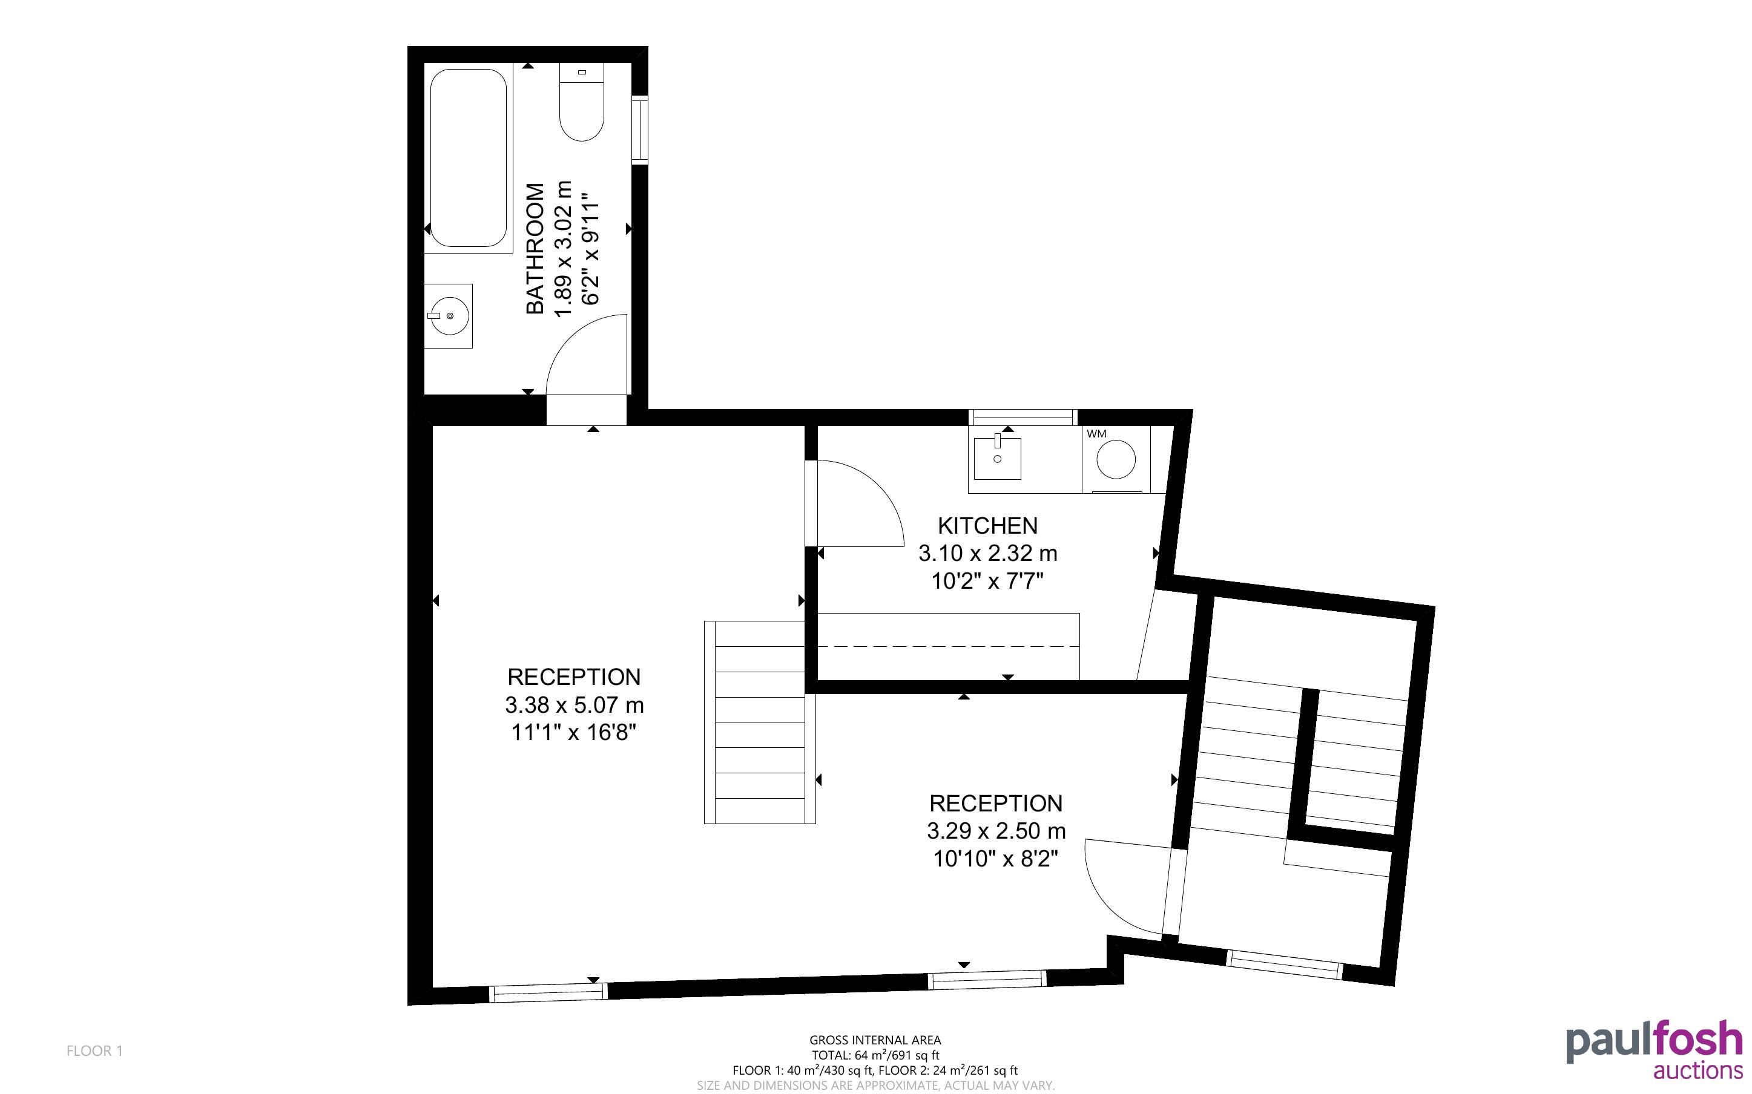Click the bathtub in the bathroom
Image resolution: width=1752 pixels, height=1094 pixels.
coord(468,158)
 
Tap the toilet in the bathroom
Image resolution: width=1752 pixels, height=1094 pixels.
coord(581,102)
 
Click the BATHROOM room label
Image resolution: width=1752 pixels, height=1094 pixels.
coord(535,248)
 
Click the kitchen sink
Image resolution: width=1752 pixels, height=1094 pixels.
coord(997,457)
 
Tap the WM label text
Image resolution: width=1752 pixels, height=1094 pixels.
coord(1096,434)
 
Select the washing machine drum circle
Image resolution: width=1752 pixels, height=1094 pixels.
coord(1116,459)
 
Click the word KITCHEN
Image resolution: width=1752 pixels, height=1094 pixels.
coord(987,525)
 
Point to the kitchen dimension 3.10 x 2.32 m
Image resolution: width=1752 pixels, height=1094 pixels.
coord(988,554)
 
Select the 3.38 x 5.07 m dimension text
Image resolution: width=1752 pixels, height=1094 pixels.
coord(575,705)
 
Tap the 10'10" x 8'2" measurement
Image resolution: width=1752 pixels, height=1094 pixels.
coord(996,859)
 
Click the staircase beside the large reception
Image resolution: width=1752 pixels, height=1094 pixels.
coord(760,722)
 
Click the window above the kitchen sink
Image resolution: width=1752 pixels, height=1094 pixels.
coord(1023,418)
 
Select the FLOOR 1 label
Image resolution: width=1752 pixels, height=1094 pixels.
coord(95,1050)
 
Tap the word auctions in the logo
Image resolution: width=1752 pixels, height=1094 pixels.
coord(1698,1070)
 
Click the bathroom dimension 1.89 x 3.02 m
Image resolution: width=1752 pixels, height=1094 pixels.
coord(563,249)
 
